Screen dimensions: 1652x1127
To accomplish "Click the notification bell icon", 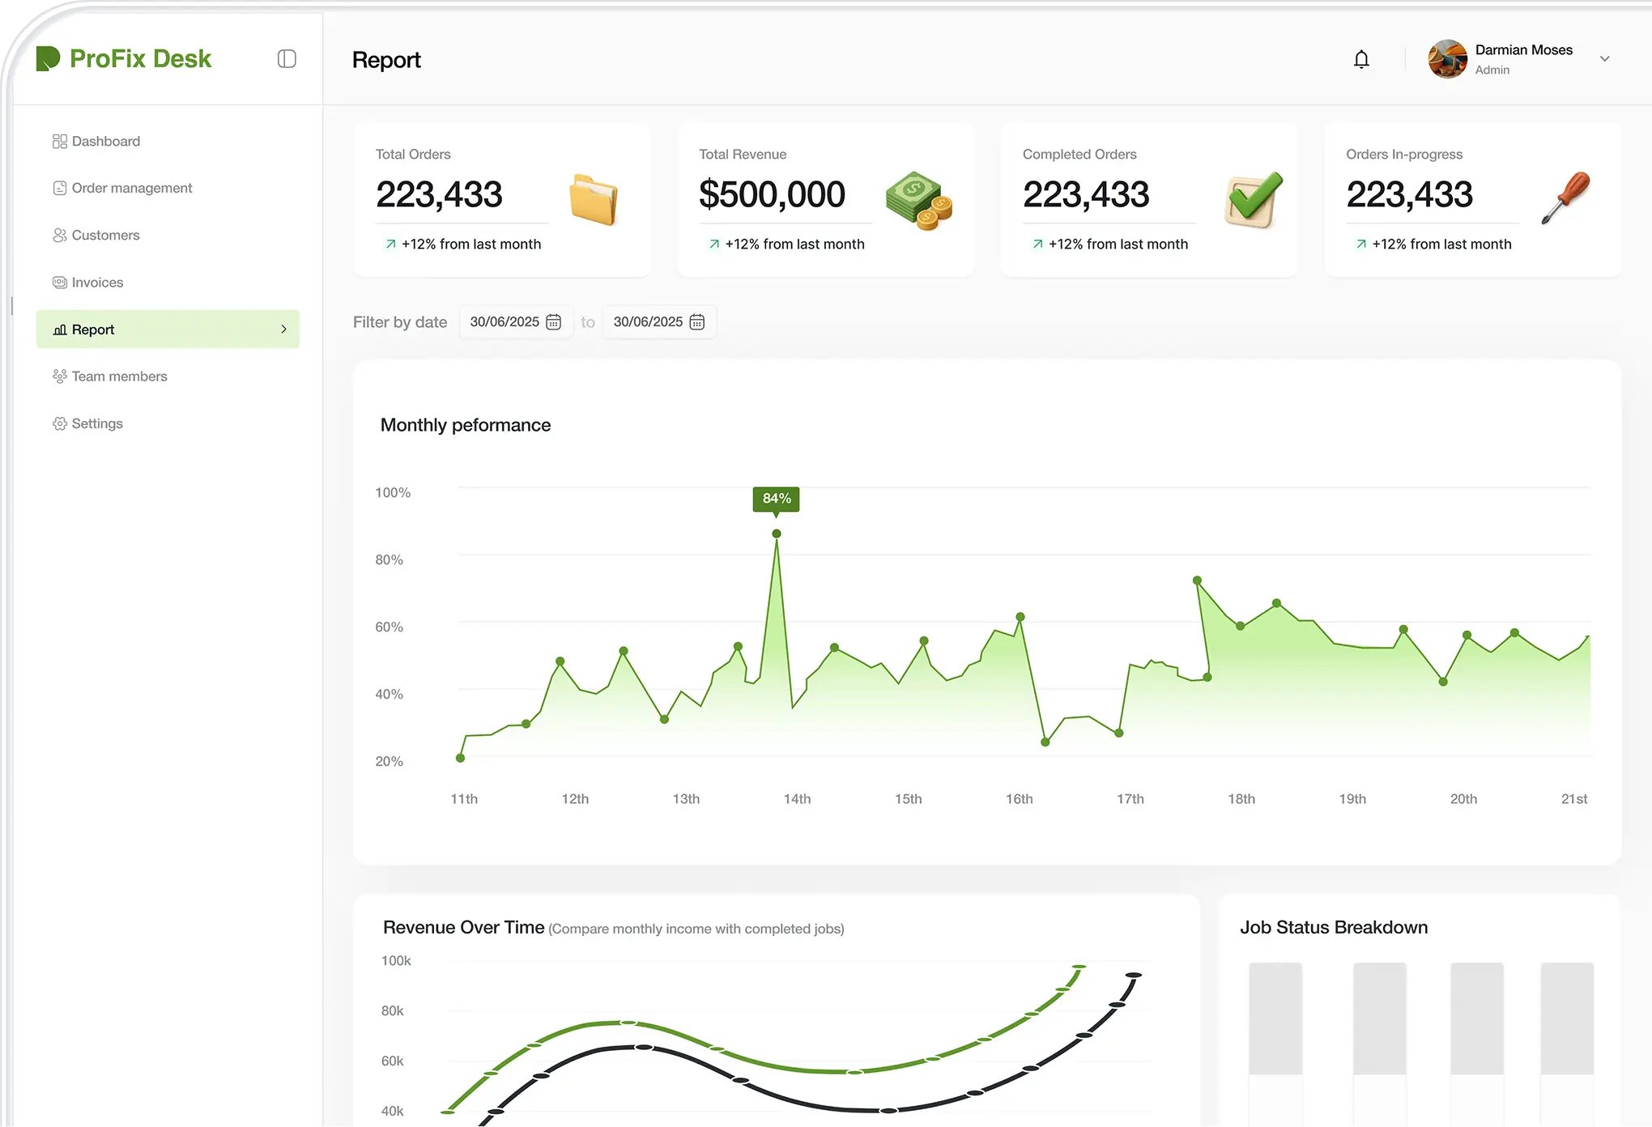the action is click(x=1361, y=59).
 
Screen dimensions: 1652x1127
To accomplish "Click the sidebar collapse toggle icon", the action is click(x=287, y=58).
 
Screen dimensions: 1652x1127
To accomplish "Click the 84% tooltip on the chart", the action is click(x=777, y=499).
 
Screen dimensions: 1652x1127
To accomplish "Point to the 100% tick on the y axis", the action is click(x=393, y=492).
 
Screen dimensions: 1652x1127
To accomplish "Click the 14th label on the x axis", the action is click(x=797, y=799).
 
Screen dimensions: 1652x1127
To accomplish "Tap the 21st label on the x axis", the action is click(x=1574, y=799).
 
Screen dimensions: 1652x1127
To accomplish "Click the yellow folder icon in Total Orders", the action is click(x=594, y=198).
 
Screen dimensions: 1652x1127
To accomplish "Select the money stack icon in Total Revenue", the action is click(x=918, y=200).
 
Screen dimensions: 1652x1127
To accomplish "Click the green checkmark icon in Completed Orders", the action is click(x=1254, y=199).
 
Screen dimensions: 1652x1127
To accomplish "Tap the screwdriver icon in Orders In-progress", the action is click(x=1565, y=197).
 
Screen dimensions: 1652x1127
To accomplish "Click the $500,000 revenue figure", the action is click(x=772, y=194).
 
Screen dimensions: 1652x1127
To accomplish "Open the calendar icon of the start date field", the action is click(x=554, y=322).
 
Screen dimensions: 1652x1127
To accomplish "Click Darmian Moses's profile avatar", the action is click(x=1448, y=59).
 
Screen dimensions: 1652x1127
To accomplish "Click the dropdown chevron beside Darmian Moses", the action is click(x=1604, y=59).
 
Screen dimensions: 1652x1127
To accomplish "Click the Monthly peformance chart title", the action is click(x=466, y=425).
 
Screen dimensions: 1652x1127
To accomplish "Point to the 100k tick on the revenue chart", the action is click(x=396, y=961).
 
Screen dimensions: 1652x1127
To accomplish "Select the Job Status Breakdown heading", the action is click(x=1334, y=928).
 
